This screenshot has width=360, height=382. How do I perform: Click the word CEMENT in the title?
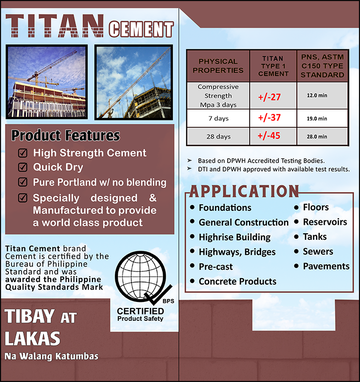tap(141, 29)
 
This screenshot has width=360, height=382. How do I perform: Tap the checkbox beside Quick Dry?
tap(23, 167)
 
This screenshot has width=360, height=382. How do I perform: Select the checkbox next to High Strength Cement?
tap(23, 153)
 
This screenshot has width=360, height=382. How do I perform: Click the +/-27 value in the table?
tap(270, 97)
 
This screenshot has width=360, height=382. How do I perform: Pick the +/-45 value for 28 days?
tap(269, 136)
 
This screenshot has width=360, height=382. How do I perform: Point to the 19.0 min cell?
tap(317, 119)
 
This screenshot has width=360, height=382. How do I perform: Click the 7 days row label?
tap(218, 118)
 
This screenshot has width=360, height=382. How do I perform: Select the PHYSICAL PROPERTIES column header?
tap(218, 66)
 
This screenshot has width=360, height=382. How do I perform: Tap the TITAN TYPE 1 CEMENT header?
tap(273, 66)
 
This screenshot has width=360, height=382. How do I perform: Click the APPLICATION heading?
tap(244, 191)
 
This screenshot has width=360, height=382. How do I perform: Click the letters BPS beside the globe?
tap(168, 301)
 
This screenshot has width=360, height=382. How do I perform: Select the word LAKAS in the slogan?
tap(32, 338)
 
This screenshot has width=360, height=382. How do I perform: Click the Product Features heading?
tap(66, 135)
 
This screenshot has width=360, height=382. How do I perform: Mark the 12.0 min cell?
tap(317, 95)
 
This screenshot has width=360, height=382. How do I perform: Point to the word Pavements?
tap(326, 266)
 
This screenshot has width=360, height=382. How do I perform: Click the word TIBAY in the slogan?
tap(29, 316)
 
